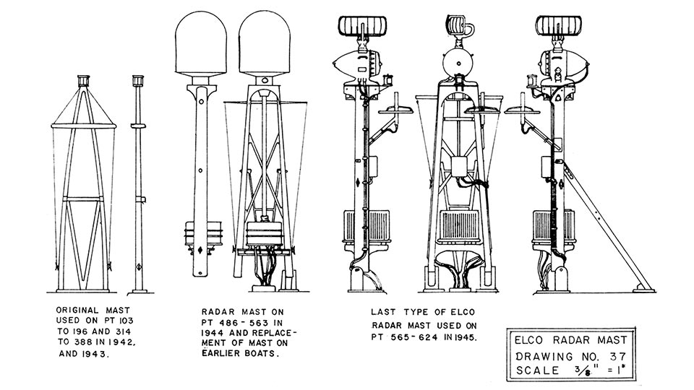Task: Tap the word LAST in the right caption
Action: [x=383, y=313]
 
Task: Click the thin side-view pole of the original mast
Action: [x=139, y=181]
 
